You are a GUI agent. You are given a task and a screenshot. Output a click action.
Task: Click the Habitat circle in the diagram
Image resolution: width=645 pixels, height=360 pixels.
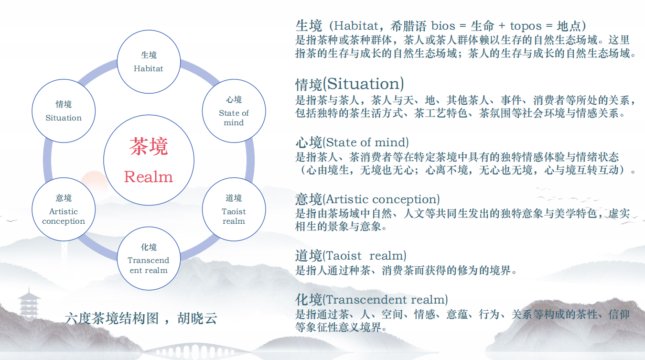(x=149, y=62)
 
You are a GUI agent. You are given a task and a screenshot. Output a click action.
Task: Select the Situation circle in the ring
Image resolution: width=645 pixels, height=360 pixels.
(x=64, y=111)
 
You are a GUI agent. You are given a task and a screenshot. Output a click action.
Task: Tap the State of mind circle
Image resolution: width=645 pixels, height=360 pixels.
(x=234, y=111)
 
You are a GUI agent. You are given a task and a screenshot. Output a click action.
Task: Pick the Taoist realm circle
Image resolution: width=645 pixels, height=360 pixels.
(x=234, y=209)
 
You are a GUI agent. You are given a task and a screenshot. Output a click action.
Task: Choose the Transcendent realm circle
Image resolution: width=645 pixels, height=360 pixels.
(x=149, y=259)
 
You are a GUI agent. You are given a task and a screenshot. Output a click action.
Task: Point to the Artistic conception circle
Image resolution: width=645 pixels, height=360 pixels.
(x=64, y=209)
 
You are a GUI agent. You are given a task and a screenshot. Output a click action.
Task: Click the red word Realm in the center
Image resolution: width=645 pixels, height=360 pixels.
(x=149, y=177)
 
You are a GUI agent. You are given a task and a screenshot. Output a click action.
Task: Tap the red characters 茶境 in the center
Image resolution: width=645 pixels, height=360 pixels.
(x=149, y=146)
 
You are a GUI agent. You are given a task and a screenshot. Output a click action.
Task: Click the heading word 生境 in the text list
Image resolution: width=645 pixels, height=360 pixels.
(x=309, y=25)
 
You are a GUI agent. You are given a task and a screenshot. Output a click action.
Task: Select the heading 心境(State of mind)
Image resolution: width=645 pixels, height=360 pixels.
(x=352, y=142)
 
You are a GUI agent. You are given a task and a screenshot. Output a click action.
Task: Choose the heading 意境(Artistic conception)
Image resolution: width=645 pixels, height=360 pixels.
(x=367, y=199)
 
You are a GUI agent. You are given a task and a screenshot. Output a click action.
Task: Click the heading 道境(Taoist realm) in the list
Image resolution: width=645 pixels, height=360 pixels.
(x=351, y=256)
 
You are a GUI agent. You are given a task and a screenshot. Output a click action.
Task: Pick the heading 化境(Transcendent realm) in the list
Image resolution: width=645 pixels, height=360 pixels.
(x=372, y=300)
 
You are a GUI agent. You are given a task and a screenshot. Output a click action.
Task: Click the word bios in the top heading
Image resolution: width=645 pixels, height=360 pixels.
(x=443, y=25)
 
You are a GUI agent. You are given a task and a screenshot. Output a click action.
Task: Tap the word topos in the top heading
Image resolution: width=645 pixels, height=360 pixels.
(x=526, y=25)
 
